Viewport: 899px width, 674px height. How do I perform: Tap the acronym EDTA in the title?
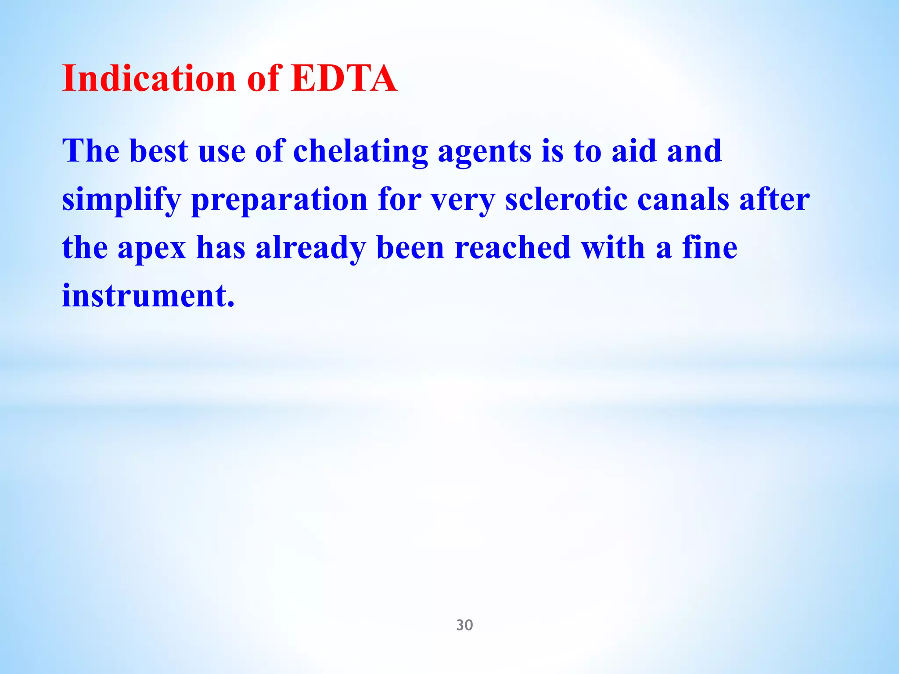click(344, 79)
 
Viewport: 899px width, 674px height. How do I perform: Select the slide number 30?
click(464, 625)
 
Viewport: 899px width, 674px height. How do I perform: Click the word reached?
click(513, 247)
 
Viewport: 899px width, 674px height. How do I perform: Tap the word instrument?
click(148, 296)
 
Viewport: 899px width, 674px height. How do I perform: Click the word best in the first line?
click(159, 151)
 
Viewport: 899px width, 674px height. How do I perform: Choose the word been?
click(410, 247)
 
